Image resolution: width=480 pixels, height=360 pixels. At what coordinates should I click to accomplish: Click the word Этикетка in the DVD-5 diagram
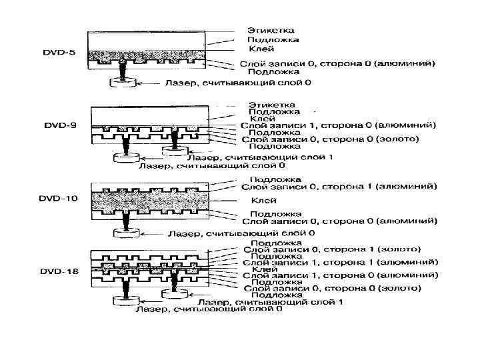[271, 31]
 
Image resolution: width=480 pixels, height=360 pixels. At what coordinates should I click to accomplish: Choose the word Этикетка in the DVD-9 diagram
[271, 105]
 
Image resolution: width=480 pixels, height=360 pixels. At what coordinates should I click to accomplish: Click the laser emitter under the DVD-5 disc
[123, 83]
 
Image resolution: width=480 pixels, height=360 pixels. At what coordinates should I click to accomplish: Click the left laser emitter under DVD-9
[123, 158]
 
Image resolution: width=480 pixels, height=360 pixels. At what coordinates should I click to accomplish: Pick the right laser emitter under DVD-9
[174, 148]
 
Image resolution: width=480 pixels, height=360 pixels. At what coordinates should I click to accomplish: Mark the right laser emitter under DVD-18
[174, 291]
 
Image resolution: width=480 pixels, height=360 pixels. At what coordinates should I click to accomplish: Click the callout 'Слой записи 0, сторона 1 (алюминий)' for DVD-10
[339, 187]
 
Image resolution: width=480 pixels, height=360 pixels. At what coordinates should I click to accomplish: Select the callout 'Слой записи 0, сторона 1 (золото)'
[333, 249]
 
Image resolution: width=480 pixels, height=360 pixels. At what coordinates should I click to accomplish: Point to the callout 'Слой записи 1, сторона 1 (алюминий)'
[340, 263]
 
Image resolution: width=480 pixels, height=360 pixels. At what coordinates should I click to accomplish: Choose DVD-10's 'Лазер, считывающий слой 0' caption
[239, 234]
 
